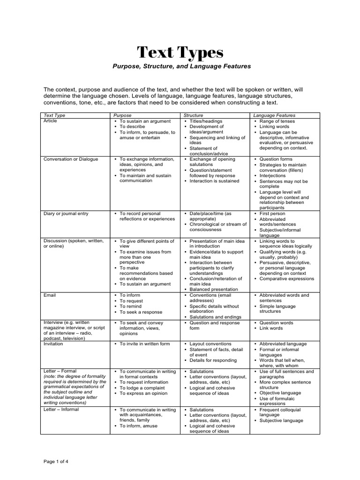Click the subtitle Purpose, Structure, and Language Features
181,67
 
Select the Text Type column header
54,115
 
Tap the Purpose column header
123,115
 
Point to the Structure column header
194,115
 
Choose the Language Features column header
274,115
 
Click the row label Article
50,121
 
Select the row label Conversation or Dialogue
71,159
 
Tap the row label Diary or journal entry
66,214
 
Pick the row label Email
49,295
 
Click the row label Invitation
53,344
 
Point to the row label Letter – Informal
61,410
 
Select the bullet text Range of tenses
279,121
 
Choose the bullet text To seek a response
141,312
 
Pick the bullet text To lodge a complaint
144,388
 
